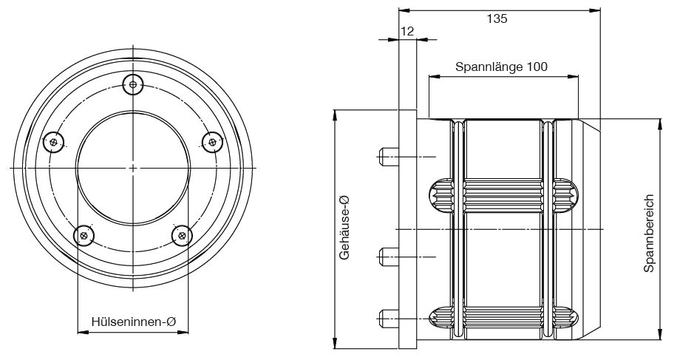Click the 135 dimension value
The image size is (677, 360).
pyautogui.click(x=497, y=19)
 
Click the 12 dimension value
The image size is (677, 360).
pyautogui.click(x=406, y=30)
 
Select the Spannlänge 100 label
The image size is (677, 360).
pyautogui.click(x=501, y=67)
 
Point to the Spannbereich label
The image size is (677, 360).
pyautogui.click(x=649, y=234)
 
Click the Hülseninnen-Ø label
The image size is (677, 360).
pyautogui.click(x=133, y=322)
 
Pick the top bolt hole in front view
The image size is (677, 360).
pyautogui.click(x=133, y=84)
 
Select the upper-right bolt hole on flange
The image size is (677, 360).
pyautogui.click(x=212, y=140)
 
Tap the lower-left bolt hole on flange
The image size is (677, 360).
pyautogui.click(x=85, y=236)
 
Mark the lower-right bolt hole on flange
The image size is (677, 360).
pyautogui.click(x=181, y=235)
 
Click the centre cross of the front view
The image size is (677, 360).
pyautogui.click(x=133, y=169)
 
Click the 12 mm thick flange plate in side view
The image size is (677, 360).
pyautogui.click(x=407, y=229)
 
